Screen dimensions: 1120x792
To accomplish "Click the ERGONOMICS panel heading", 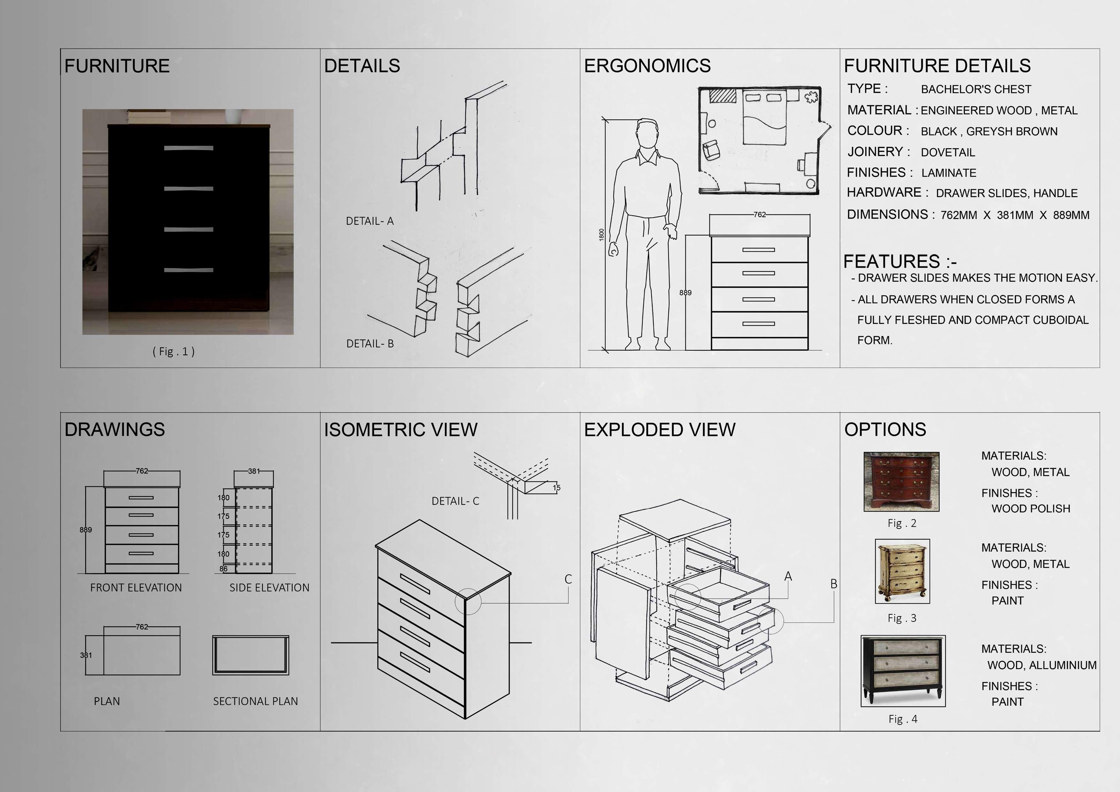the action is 647,66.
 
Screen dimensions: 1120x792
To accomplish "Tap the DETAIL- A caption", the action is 369,221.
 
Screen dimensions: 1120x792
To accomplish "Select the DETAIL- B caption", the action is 370,344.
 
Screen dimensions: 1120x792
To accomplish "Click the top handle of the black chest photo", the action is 188,148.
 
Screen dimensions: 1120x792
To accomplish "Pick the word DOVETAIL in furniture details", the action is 947,152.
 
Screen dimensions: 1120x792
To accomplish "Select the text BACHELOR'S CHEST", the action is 976,89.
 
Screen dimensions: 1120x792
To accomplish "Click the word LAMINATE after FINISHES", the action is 948,173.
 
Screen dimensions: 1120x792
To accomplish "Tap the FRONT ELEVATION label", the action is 136,588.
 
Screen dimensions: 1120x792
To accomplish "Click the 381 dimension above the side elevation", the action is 254,471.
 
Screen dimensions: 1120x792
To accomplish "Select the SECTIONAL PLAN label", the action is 255,701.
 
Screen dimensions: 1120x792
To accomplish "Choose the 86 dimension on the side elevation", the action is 223,568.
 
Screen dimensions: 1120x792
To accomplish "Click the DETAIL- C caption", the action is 455,501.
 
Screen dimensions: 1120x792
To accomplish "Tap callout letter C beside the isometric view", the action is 568,579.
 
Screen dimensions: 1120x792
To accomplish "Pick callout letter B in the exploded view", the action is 834,584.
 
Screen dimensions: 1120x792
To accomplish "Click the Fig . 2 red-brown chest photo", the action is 901,482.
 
